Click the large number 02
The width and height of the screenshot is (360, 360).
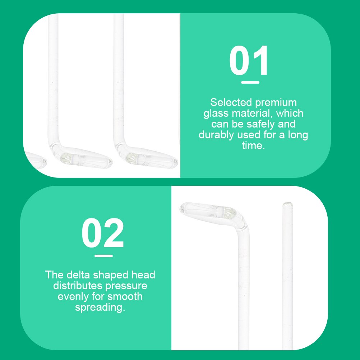(103, 233)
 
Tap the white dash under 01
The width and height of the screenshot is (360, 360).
(250, 82)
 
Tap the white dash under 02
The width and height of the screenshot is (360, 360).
(103, 256)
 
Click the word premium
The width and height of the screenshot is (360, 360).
(276, 103)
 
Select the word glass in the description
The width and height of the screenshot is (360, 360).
(216, 113)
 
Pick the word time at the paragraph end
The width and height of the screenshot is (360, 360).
(253, 146)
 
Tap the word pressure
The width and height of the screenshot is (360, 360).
(126, 286)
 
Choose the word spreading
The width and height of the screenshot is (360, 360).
(100, 308)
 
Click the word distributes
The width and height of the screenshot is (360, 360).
(78, 286)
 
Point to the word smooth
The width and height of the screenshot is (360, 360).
(125, 296)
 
